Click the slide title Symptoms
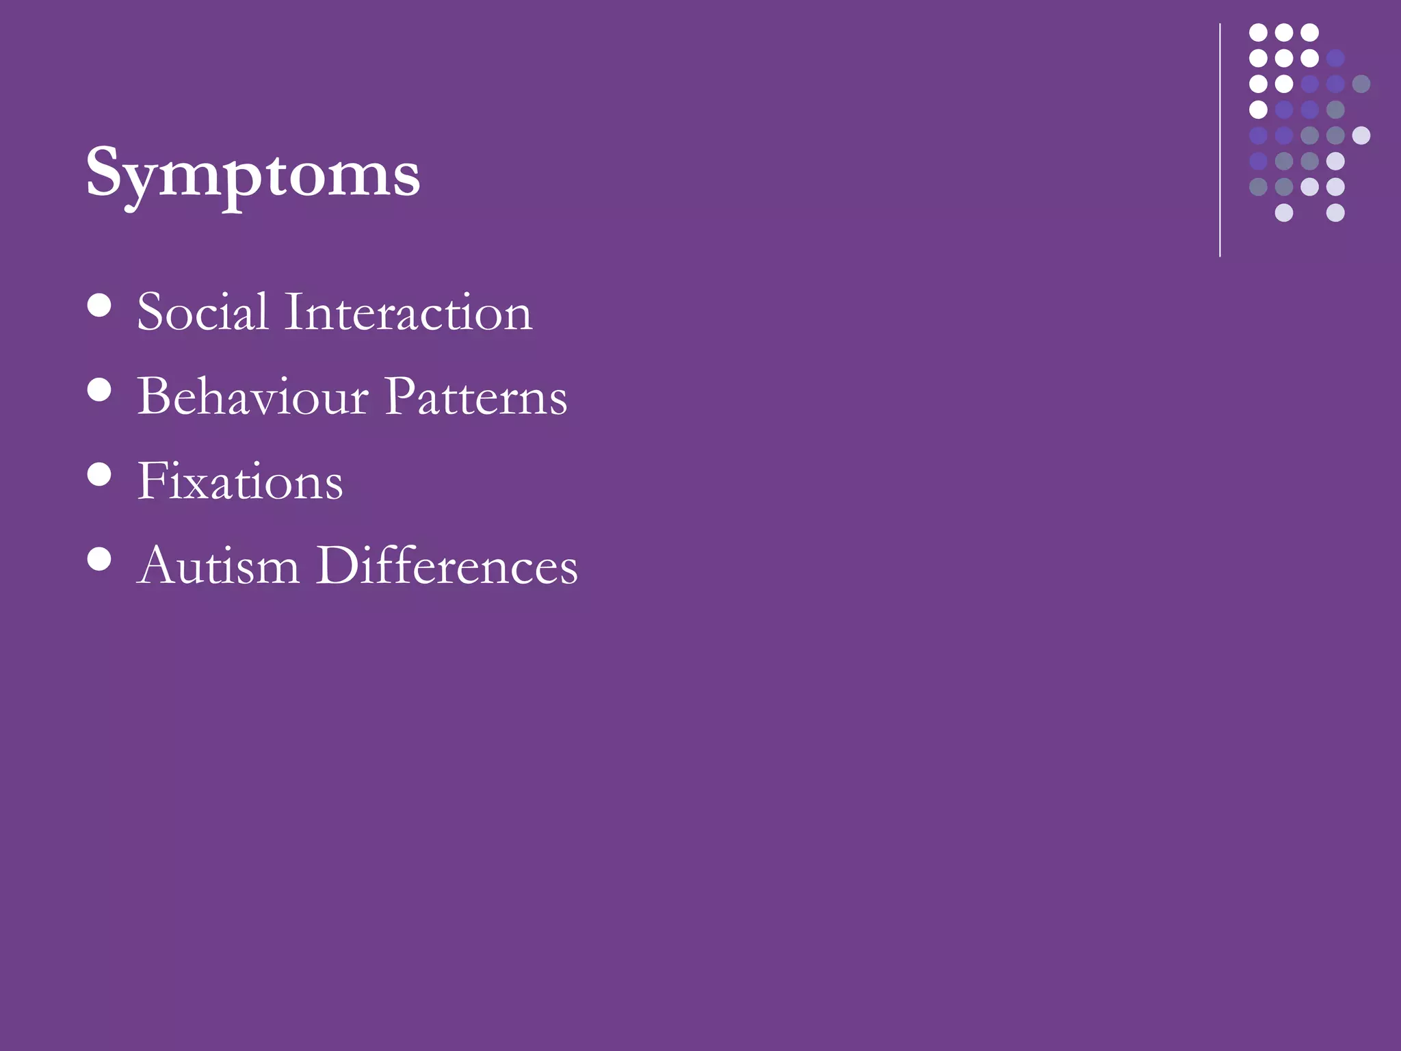coord(252,174)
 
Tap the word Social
coord(202,312)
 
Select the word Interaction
coord(408,312)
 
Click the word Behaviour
coord(252,397)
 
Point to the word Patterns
coord(475,397)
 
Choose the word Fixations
coord(240,482)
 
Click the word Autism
coord(218,567)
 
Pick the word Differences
coord(447,567)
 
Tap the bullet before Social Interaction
coord(100,305)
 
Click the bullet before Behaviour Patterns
coord(100,390)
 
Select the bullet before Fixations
coord(100,474)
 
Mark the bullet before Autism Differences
coord(100,558)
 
